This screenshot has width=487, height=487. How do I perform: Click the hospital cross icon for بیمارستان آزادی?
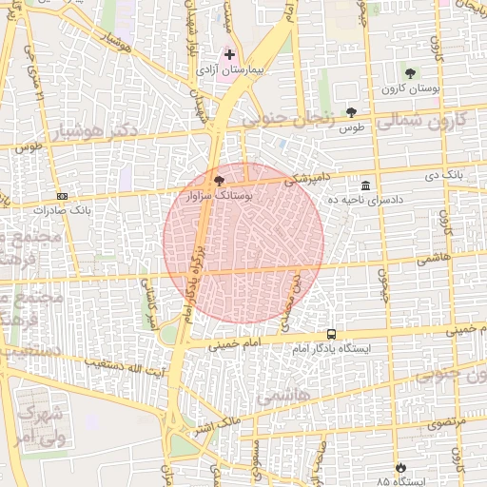(x=229, y=55)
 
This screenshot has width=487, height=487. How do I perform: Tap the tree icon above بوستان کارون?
(x=410, y=73)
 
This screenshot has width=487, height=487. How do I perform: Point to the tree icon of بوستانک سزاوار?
(x=220, y=180)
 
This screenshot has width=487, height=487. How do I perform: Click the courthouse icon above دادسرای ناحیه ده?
(x=366, y=185)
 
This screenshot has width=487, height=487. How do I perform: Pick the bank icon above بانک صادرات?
(x=63, y=195)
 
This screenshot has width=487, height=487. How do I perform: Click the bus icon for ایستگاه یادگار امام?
(x=331, y=334)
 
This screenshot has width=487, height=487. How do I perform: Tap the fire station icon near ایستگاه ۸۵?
(x=400, y=467)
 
